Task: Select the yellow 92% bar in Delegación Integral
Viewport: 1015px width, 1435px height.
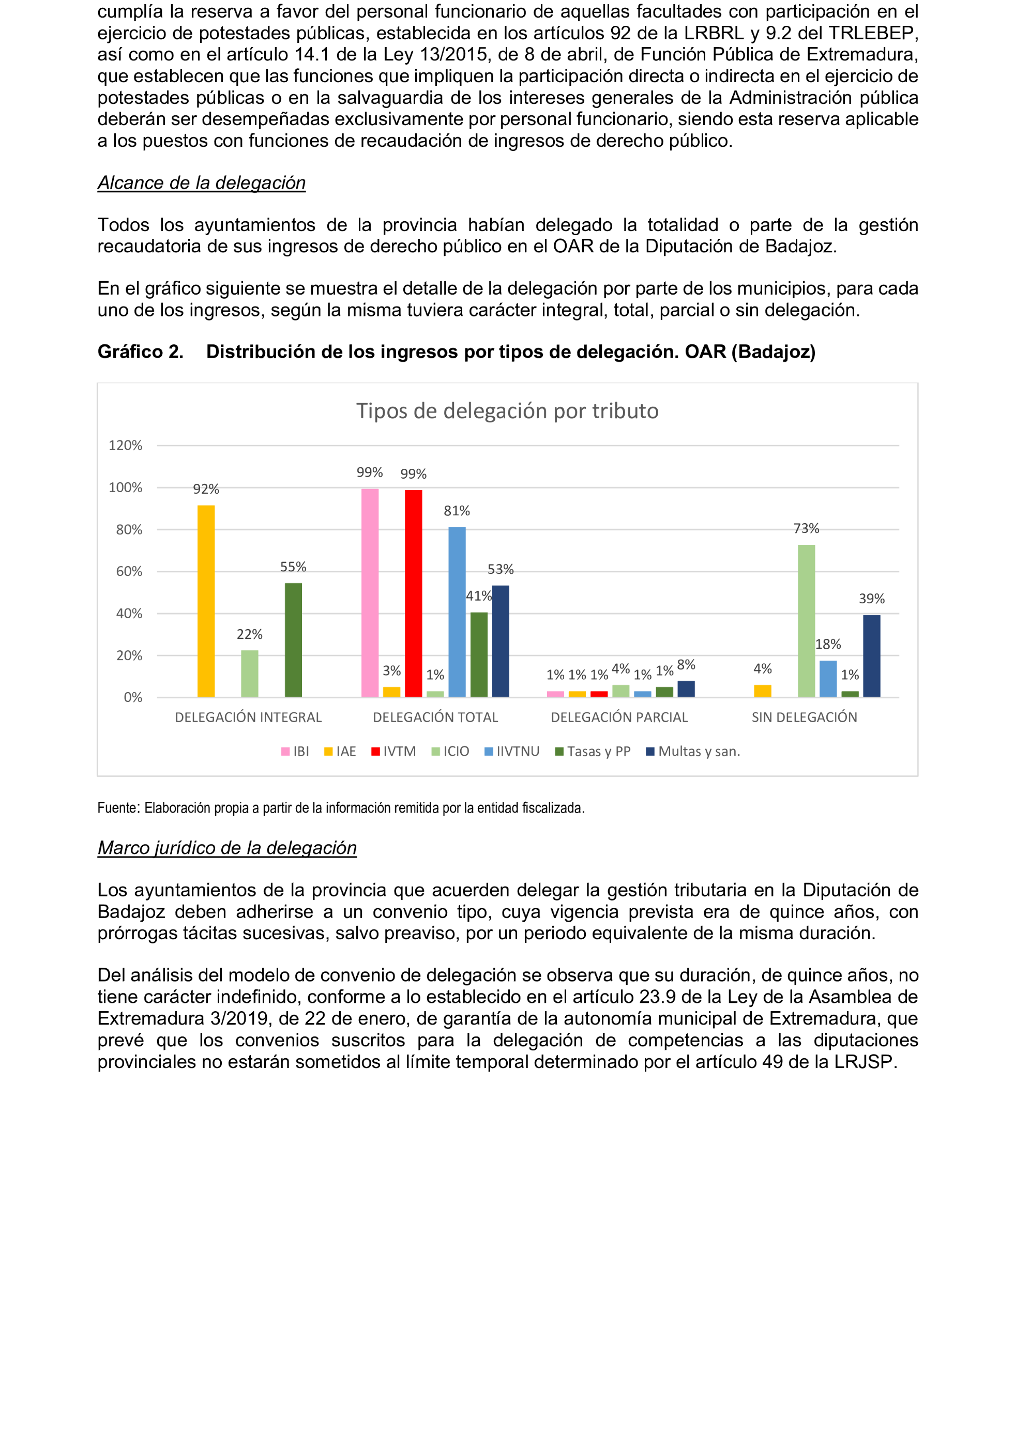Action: (206, 600)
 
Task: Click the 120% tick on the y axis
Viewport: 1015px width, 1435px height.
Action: (125, 446)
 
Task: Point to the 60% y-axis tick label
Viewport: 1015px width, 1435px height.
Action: (129, 571)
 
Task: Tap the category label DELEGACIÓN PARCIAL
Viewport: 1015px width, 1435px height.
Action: (619, 717)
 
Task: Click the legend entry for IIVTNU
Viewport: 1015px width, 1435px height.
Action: (512, 751)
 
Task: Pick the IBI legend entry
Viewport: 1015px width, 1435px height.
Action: (295, 751)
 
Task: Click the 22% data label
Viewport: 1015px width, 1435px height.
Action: (249, 634)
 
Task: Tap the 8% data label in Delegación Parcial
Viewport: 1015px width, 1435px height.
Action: (686, 665)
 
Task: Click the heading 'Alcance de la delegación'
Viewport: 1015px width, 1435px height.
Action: (201, 182)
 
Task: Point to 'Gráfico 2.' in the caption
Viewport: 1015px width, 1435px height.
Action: (140, 352)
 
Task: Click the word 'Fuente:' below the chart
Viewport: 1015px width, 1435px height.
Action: (119, 808)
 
